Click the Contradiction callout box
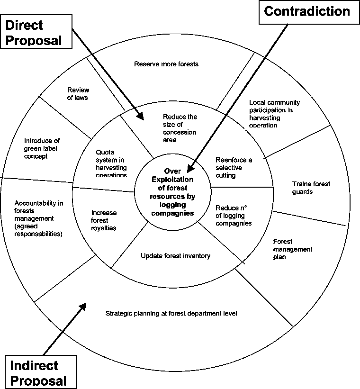(306, 12)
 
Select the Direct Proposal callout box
(36, 32)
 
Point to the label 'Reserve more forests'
(166, 63)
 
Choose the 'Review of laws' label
(78, 94)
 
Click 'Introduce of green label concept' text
(42, 148)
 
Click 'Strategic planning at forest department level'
(171, 313)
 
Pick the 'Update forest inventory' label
(175, 256)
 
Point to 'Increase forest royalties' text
(104, 220)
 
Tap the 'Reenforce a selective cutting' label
(234, 168)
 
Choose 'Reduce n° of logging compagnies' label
(233, 215)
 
